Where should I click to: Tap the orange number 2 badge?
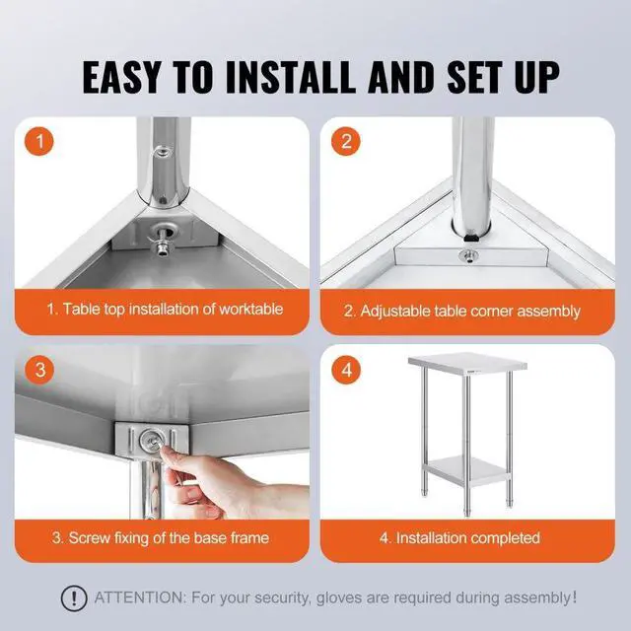344,141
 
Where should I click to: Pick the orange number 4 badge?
344,371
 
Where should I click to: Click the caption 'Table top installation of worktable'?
165,309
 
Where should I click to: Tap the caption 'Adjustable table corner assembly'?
461,310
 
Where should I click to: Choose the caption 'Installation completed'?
459,538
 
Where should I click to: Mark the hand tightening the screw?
212,488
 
